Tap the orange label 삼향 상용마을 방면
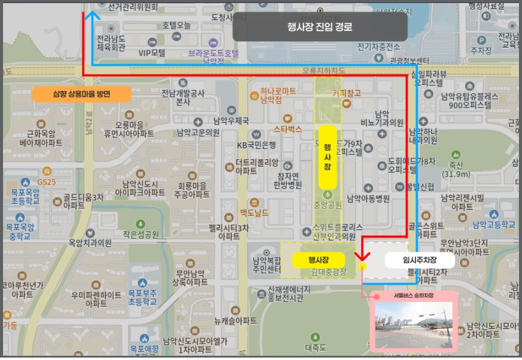[82, 94]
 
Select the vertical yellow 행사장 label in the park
[327, 157]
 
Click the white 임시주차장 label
[420, 260]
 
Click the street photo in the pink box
[414, 325]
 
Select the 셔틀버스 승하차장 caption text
[414, 297]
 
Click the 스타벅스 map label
[287, 129]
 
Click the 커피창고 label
[346, 93]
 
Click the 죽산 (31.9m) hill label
[456, 169]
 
